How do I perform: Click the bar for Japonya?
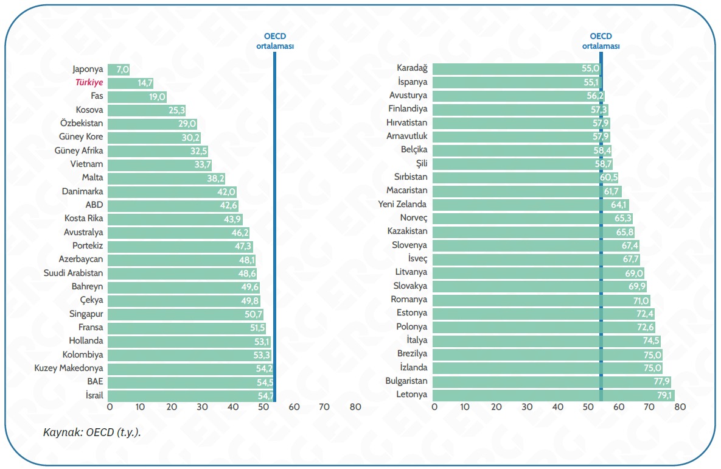119,69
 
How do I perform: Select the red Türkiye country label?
89,83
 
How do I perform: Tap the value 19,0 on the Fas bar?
157,97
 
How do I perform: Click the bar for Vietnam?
159,164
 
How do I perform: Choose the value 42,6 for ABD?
229,205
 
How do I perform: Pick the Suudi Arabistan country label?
74,273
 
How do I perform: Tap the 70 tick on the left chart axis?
324,407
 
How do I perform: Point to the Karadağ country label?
412,68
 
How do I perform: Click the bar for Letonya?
553,395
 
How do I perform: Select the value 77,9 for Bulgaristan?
660,381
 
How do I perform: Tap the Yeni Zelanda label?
402,205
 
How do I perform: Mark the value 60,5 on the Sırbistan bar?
609,177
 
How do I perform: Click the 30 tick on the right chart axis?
528,407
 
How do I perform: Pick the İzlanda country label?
413,367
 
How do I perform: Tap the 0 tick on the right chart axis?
434,407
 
